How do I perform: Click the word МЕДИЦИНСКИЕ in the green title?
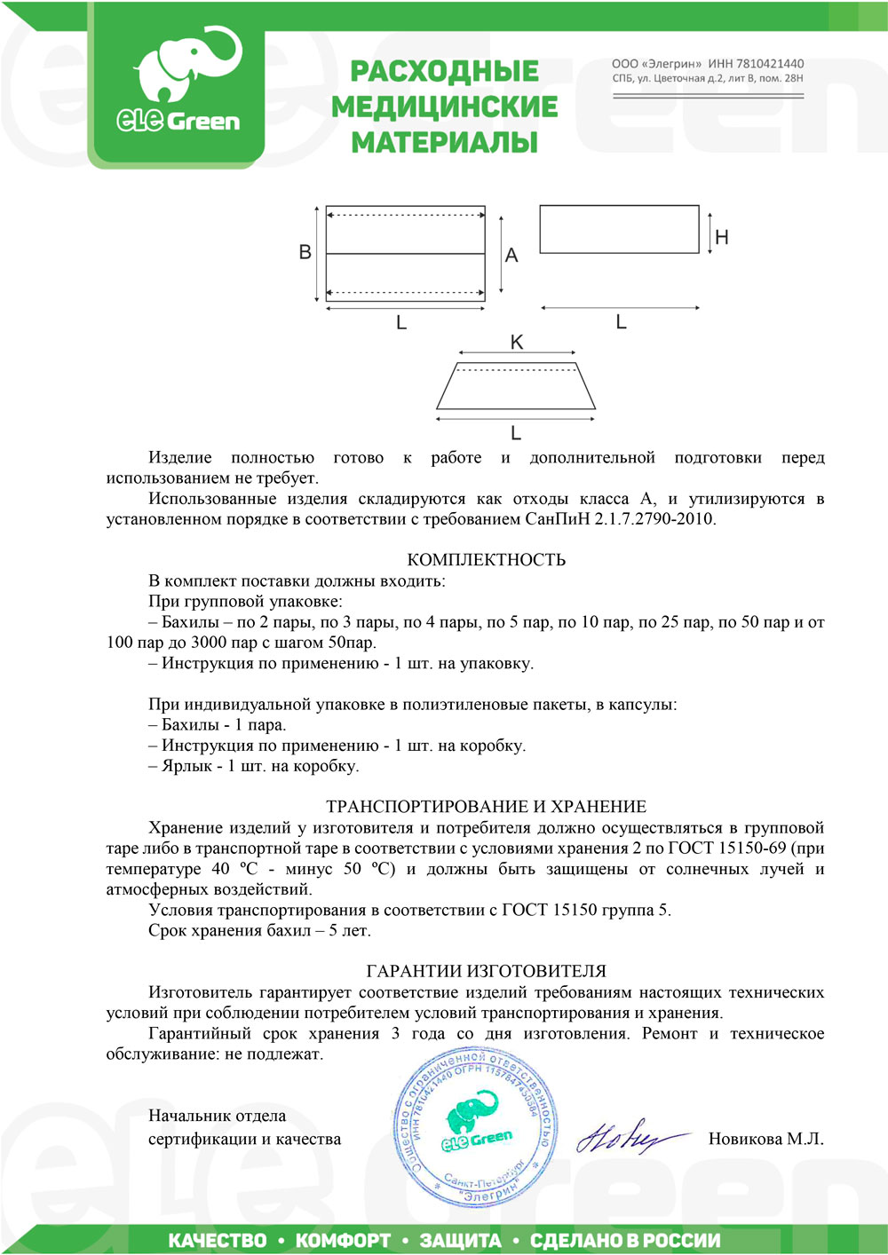[444, 107]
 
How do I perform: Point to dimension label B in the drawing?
[305, 252]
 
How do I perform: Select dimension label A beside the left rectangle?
[511, 256]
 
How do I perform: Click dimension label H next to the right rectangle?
[721, 237]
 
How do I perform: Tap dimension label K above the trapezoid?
[516, 343]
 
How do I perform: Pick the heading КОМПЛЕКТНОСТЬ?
[486, 560]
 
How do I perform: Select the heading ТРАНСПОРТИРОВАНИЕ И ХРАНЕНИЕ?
[486, 807]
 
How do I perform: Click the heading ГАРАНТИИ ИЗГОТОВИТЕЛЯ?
[486, 971]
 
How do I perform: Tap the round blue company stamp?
[477, 1127]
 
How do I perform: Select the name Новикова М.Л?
[765, 1139]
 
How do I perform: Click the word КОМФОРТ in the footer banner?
[343, 1240]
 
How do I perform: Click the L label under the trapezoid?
[515, 433]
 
